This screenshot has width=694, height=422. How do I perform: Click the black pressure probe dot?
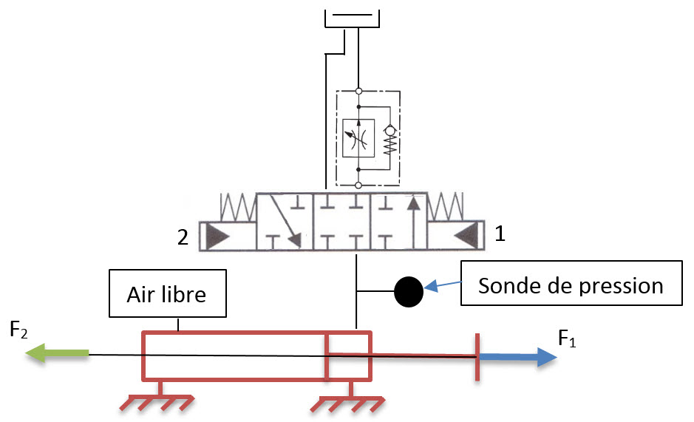pyautogui.click(x=408, y=291)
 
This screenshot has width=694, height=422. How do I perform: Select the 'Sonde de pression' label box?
pyautogui.click(x=571, y=284)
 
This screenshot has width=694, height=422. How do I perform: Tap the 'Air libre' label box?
pyautogui.click(x=168, y=294)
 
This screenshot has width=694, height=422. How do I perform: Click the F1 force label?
pyautogui.click(x=567, y=339)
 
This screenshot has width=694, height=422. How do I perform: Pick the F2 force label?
pyautogui.click(x=20, y=329)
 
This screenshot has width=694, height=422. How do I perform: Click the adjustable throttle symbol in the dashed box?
pyautogui.click(x=358, y=137)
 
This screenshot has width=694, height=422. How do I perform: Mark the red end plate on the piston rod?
pyautogui.click(x=477, y=357)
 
